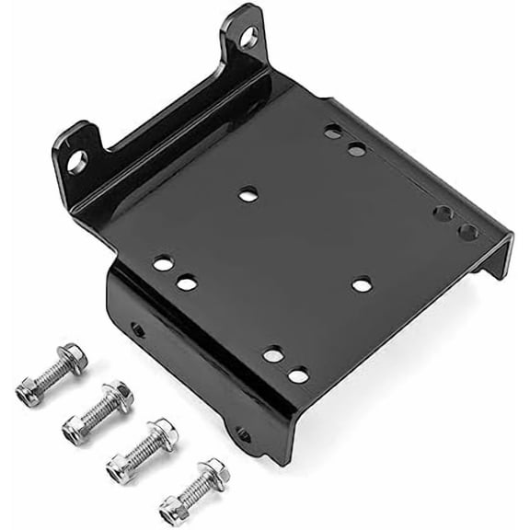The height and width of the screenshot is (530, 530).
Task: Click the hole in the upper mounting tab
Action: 248,38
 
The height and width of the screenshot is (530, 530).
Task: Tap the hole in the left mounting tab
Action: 77,161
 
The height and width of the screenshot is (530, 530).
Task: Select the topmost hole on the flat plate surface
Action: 333,132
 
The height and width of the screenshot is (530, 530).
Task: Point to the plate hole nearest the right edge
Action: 468,232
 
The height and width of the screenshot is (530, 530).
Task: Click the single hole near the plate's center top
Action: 248,194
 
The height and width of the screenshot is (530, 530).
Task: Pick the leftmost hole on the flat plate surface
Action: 163,264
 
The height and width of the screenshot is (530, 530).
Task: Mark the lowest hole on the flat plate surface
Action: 297,374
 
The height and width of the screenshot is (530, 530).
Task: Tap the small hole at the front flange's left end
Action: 137,328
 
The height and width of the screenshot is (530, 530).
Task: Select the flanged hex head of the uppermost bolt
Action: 72,357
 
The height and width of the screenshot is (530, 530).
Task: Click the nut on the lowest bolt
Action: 173,507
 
